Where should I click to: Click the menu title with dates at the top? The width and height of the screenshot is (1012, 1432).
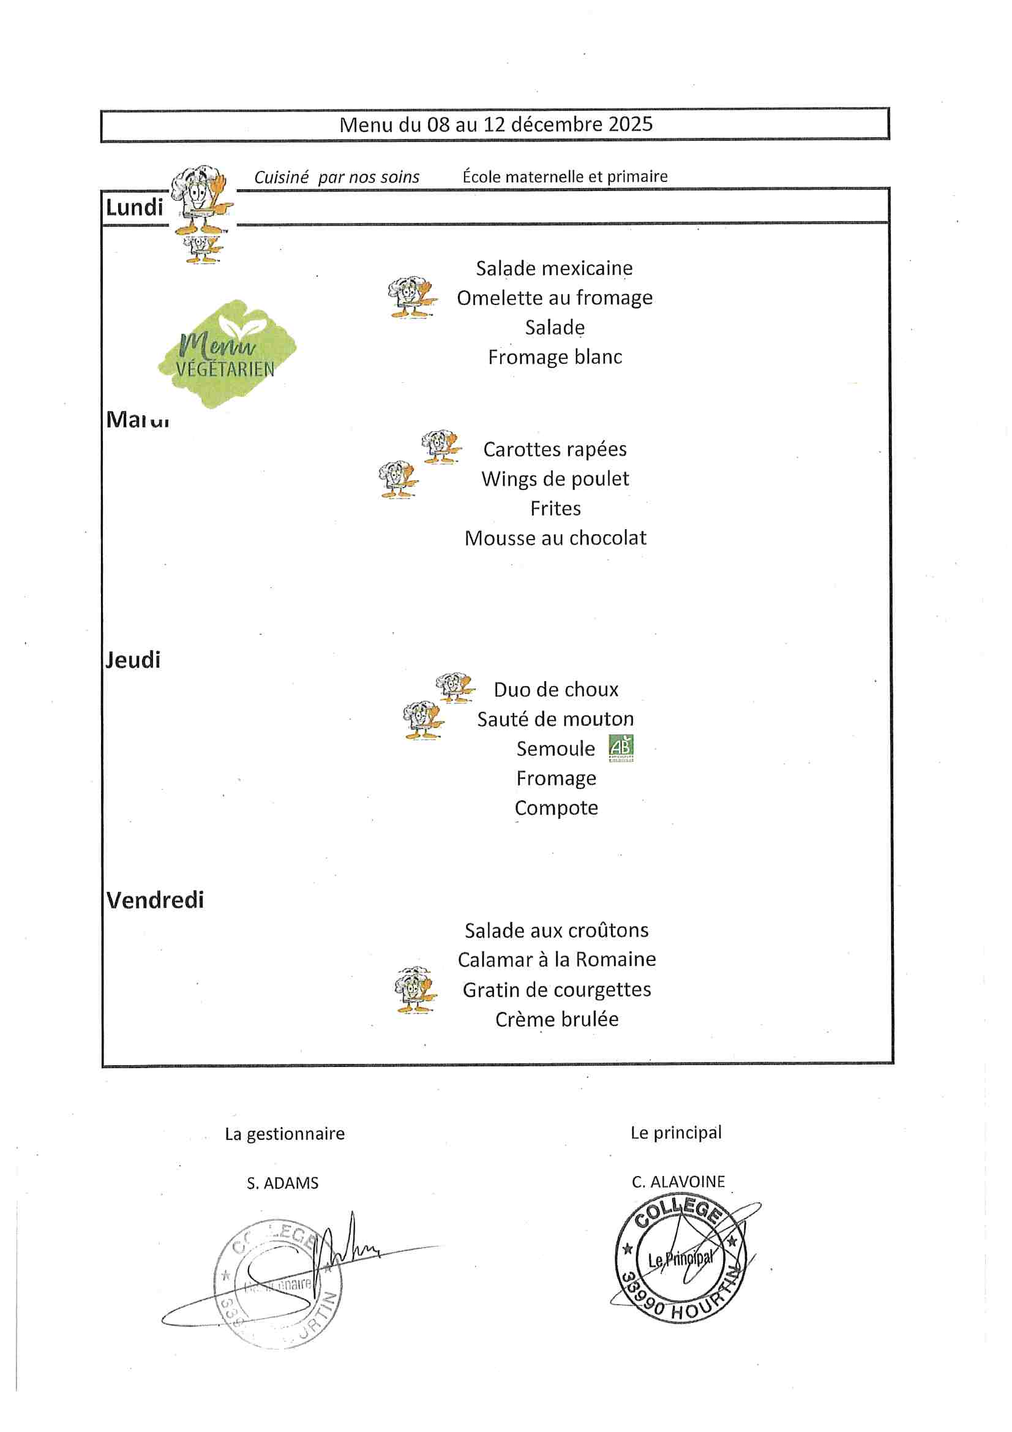coord(496,125)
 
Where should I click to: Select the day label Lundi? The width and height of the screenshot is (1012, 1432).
coord(134,207)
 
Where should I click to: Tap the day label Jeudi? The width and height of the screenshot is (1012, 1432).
coord(133,660)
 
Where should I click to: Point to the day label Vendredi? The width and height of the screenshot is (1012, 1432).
coord(156,900)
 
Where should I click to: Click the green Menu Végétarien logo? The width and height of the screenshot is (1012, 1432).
coord(227,354)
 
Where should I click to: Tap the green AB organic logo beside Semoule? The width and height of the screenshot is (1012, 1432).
coord(621,748)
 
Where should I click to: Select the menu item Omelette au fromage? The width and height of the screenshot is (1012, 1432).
coord(554,298)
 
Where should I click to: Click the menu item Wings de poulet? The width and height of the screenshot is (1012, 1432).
coord(555,479)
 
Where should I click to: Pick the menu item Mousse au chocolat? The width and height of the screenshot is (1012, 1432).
coord(555,538)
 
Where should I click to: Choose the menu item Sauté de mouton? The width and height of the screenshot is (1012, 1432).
coord(555,719)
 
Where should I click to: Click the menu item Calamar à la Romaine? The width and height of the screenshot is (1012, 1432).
coord(556,959)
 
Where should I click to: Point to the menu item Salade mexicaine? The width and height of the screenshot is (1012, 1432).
coord(554,268)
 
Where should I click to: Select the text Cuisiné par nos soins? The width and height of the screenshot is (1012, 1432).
coord(337,177)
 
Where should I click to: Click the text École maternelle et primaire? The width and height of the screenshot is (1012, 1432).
coord(565,176)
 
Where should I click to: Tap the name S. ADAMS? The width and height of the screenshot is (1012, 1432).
coord(282,1183)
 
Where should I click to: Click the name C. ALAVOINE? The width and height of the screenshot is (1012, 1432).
coord(678,1182)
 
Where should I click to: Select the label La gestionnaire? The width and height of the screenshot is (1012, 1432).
coord(284,1134)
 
